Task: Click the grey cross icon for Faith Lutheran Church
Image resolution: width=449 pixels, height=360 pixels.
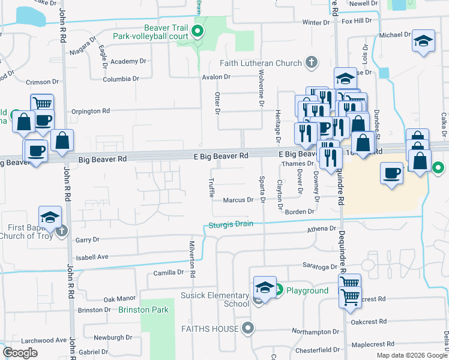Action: [311, 62]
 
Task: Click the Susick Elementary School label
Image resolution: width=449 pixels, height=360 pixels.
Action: [215, 299]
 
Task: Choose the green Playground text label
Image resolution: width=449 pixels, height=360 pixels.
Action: [307, 291]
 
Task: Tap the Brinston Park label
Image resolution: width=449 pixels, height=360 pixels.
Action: [143, 310]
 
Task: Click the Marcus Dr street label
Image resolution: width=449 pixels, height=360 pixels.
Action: [238, 200]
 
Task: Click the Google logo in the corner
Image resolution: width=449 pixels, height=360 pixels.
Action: [20, 353]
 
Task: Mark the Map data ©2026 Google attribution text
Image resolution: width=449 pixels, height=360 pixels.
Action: [412, 355]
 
